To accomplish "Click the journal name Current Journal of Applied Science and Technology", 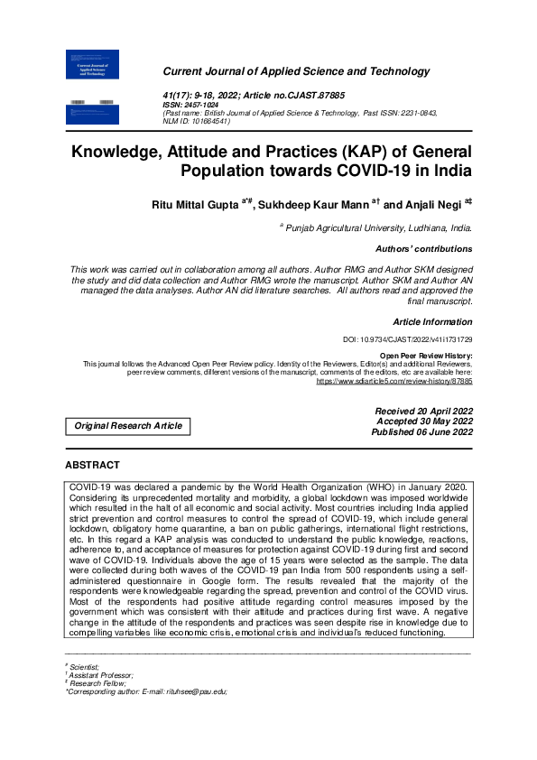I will pos(295,71).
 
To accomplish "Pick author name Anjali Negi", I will pos(429,206).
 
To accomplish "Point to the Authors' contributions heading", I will pos(423,248).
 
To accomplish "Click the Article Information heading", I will pos(432,321).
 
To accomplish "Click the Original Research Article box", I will pos(128,425).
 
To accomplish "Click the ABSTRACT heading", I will pos(92,465).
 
